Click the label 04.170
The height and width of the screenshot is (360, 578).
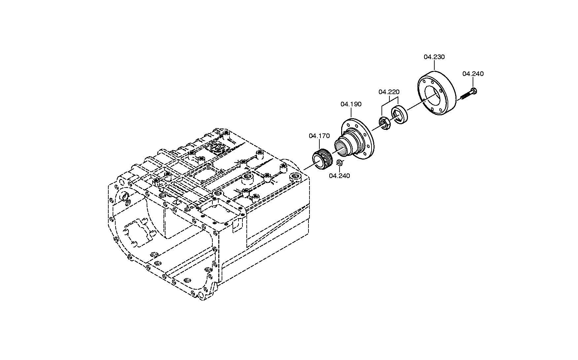319,136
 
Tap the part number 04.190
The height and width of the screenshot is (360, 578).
351,104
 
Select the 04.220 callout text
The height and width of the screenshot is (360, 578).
389,91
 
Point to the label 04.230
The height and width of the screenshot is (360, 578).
434,57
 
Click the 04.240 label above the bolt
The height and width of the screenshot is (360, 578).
473,74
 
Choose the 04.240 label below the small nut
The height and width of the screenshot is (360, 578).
339,176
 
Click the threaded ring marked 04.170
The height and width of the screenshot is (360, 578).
322,160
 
